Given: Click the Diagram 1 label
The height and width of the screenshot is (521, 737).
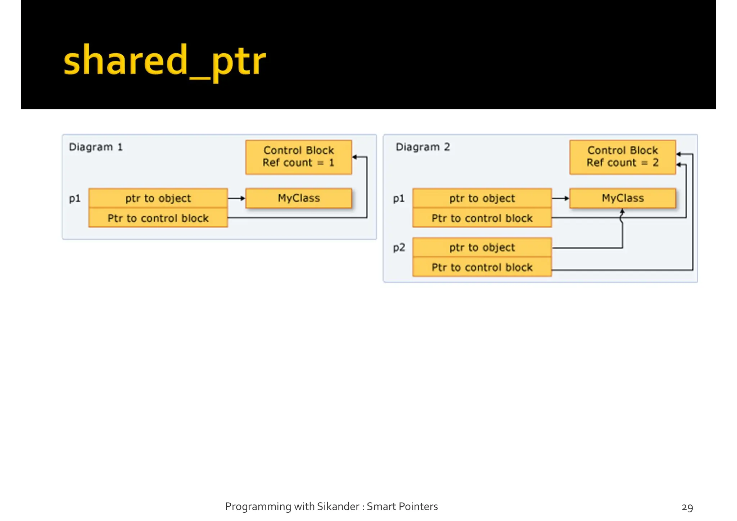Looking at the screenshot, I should pyautogui.click(x=96, y=147).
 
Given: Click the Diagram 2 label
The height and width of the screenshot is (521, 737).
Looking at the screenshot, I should pyautogui.click(x=423, y=147).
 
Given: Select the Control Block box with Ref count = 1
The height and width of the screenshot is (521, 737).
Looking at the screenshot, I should pyautogui.click(x=298, y=157).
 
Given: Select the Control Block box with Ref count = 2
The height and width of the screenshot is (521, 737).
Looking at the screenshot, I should pyautogui.click(x=622, y=157).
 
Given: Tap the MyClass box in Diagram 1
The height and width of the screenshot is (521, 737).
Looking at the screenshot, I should pyautogui.click(x=298, y=198).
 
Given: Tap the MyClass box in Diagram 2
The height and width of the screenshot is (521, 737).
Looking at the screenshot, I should pyautogui.click(x=622, y=198).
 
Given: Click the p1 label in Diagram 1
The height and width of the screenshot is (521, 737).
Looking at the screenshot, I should pyautogui.click(x=74, y=199).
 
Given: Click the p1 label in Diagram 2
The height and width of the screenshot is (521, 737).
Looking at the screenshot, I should pyautogui.click(x=399, y=199).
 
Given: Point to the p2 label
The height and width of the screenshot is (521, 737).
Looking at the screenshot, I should pyautogui.click(x=399, y=248).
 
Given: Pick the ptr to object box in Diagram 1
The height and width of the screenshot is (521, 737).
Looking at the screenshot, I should pyautogui.click(x=158, y=198).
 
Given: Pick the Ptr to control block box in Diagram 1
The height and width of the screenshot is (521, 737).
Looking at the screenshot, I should pyautogui.click(x=158, y=218).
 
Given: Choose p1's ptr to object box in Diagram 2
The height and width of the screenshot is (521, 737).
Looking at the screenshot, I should pyautogui.click(x=482, y=198).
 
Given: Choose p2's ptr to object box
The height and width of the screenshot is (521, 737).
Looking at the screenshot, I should pyautogui.click(x=482, y=248).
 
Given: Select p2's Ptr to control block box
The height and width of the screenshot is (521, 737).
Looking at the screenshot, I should pyautogui.click(x=482, y=267).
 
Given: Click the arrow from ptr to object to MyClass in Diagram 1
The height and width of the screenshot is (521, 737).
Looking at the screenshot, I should pyautogui.click(x=236, y=198).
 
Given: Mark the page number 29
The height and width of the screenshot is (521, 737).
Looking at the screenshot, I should pyautogui.click(x=687, y=507).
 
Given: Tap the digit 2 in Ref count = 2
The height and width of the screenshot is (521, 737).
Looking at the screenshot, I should pyautogui.click(x=656, y=163).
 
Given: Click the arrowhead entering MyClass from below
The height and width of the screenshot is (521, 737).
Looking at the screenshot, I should pyautogui.click(x=622, y=212).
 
